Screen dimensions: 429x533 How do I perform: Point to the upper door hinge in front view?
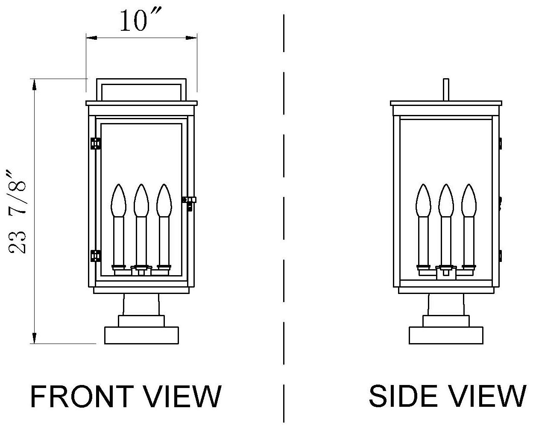[x=96, y=143]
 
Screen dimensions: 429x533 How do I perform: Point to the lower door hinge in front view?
[x=96, y=256]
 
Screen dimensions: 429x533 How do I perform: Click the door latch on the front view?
[x=189, y=201]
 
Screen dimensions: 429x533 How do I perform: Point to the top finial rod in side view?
[x=446, y=90]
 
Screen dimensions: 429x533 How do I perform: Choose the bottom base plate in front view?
[x=141, y=335]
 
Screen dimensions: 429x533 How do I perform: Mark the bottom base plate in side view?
[x=446, y=335]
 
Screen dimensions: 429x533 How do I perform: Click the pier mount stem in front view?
[x=141, y=305]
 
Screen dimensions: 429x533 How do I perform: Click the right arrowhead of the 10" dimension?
[x=193, y=38]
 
